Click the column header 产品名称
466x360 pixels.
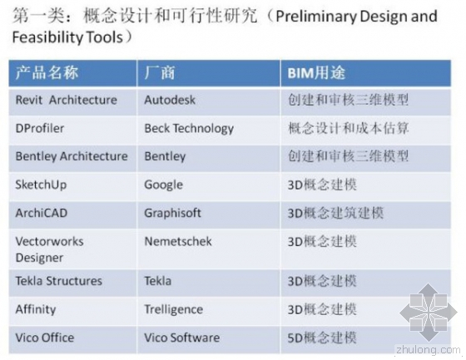[x=47, y=73]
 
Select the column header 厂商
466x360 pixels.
[x=160, y=73]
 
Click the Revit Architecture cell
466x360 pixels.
[x=67, y=100]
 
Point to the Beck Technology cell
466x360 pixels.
[x=189, y=128]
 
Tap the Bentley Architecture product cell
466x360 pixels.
[x=72, y=155]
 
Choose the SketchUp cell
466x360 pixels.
[x=40, y=184]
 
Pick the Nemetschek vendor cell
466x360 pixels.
[x=177, y=241]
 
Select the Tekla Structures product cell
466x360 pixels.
[x=58, y=281]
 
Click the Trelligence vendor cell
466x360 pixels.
[x=173, y=309]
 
